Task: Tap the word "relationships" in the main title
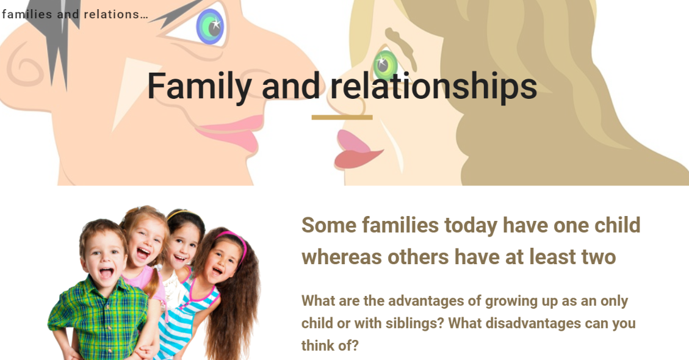434,85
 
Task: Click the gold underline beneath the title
342,117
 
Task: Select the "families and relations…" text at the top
74,14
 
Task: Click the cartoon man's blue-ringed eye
211,26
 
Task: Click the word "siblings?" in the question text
415,323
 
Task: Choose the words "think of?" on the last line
330,345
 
